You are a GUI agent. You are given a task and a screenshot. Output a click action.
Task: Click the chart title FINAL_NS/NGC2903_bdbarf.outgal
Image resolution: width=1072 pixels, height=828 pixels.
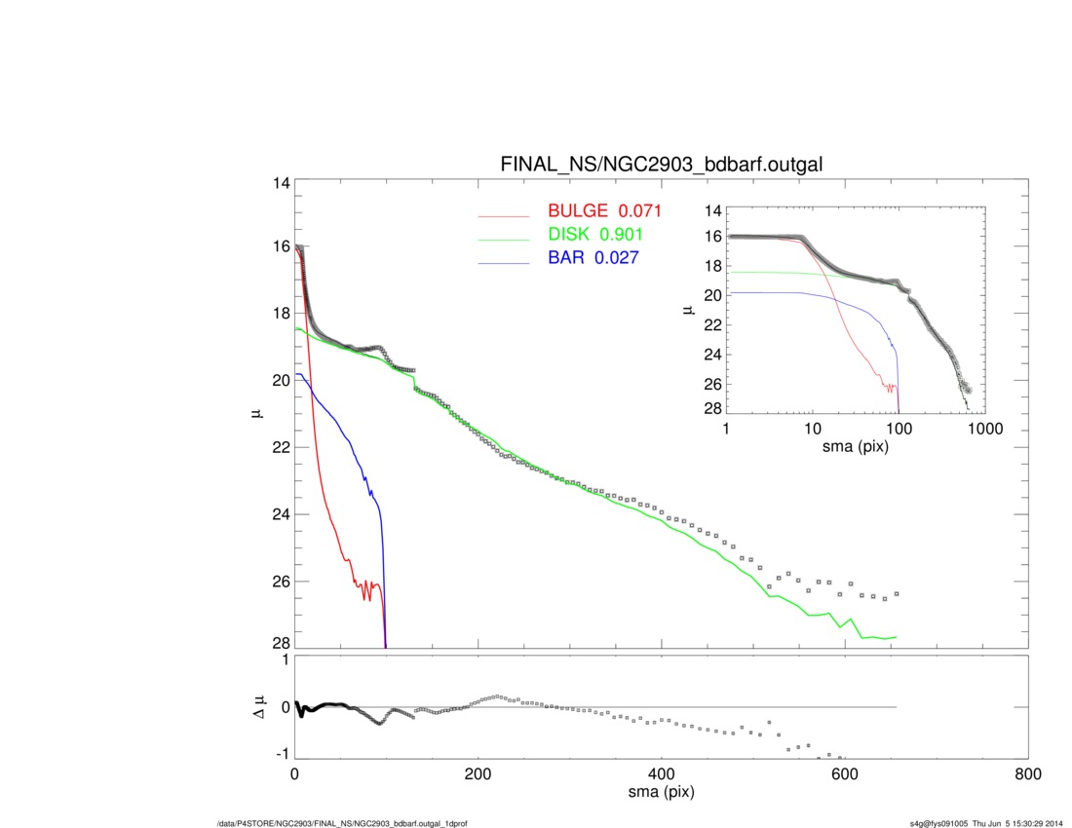tap(661, 165)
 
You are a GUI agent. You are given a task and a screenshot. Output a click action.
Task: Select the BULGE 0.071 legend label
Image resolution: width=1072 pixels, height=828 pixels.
tap(604, 211)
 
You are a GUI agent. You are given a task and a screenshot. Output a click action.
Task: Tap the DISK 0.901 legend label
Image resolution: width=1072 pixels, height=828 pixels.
tap(594, 235)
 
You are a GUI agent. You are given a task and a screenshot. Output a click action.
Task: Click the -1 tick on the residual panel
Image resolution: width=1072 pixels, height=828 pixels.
tap(283, 754)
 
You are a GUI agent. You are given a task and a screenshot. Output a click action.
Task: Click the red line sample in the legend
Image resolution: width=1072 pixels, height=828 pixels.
tap(503, 215)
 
